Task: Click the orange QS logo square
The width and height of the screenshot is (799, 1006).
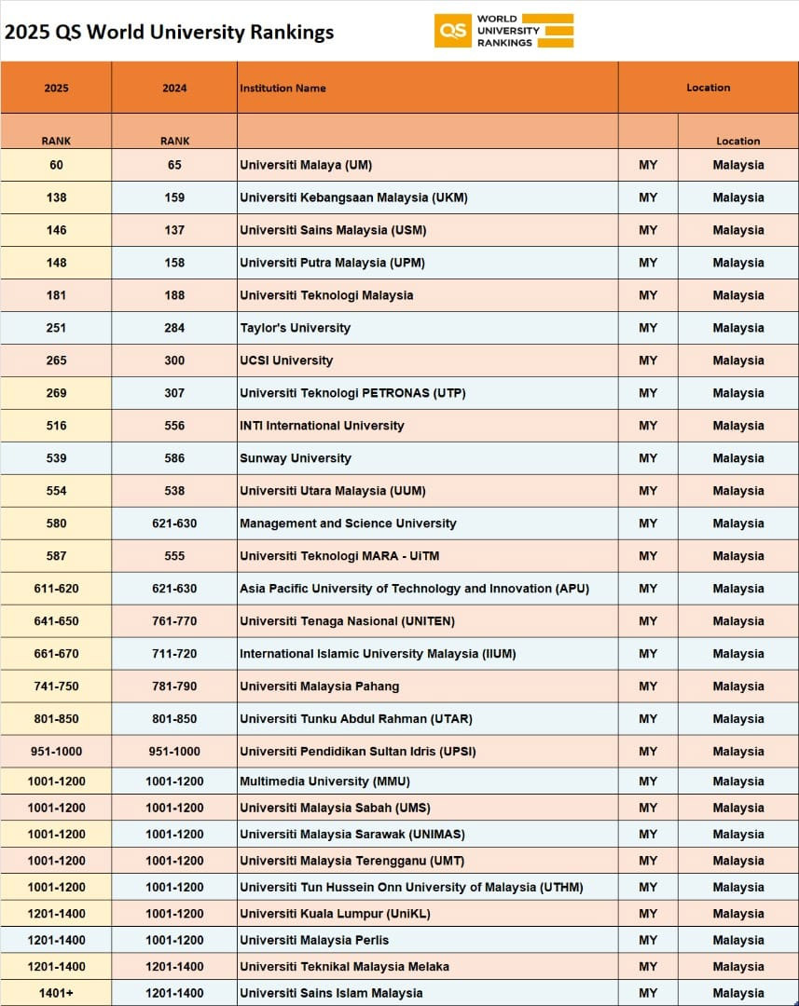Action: [x=452, y=31]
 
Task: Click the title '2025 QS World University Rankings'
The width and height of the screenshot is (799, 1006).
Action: [x=169, y=32]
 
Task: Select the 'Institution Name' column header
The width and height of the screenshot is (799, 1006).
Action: [x=282, y=88]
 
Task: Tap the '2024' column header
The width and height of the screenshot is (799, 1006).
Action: [x=174, y=88]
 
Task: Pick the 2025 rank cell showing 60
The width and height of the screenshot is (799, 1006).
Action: [x=56, y=165]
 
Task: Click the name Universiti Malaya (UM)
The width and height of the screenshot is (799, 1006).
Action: [x=306, y=165]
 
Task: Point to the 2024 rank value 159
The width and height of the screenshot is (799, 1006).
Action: [x=174, y=197]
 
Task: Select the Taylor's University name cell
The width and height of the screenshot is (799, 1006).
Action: [x=295, y=328]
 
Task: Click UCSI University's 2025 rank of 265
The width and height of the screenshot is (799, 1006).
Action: [x=56, y=360]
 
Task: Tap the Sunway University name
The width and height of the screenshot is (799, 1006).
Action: [x=296, y=458]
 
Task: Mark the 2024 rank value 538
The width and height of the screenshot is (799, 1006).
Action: [x=174, y=491]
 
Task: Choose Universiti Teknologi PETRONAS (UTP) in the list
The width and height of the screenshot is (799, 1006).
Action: [x=352, y=393]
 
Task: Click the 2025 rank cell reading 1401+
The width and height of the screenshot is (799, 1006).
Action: [x=56, y=993]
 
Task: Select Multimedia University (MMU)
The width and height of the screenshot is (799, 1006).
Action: [x=324, y=782]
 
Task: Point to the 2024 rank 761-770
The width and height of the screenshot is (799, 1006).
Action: [x=174, y=621]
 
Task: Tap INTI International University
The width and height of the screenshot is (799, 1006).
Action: [x=322, y=426]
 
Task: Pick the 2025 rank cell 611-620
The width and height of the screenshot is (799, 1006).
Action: [x=56, y=589]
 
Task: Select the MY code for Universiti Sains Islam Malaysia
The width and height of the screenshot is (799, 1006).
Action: [x=648, y=993]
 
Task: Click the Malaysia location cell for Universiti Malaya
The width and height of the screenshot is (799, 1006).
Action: [x=738, y=165]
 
